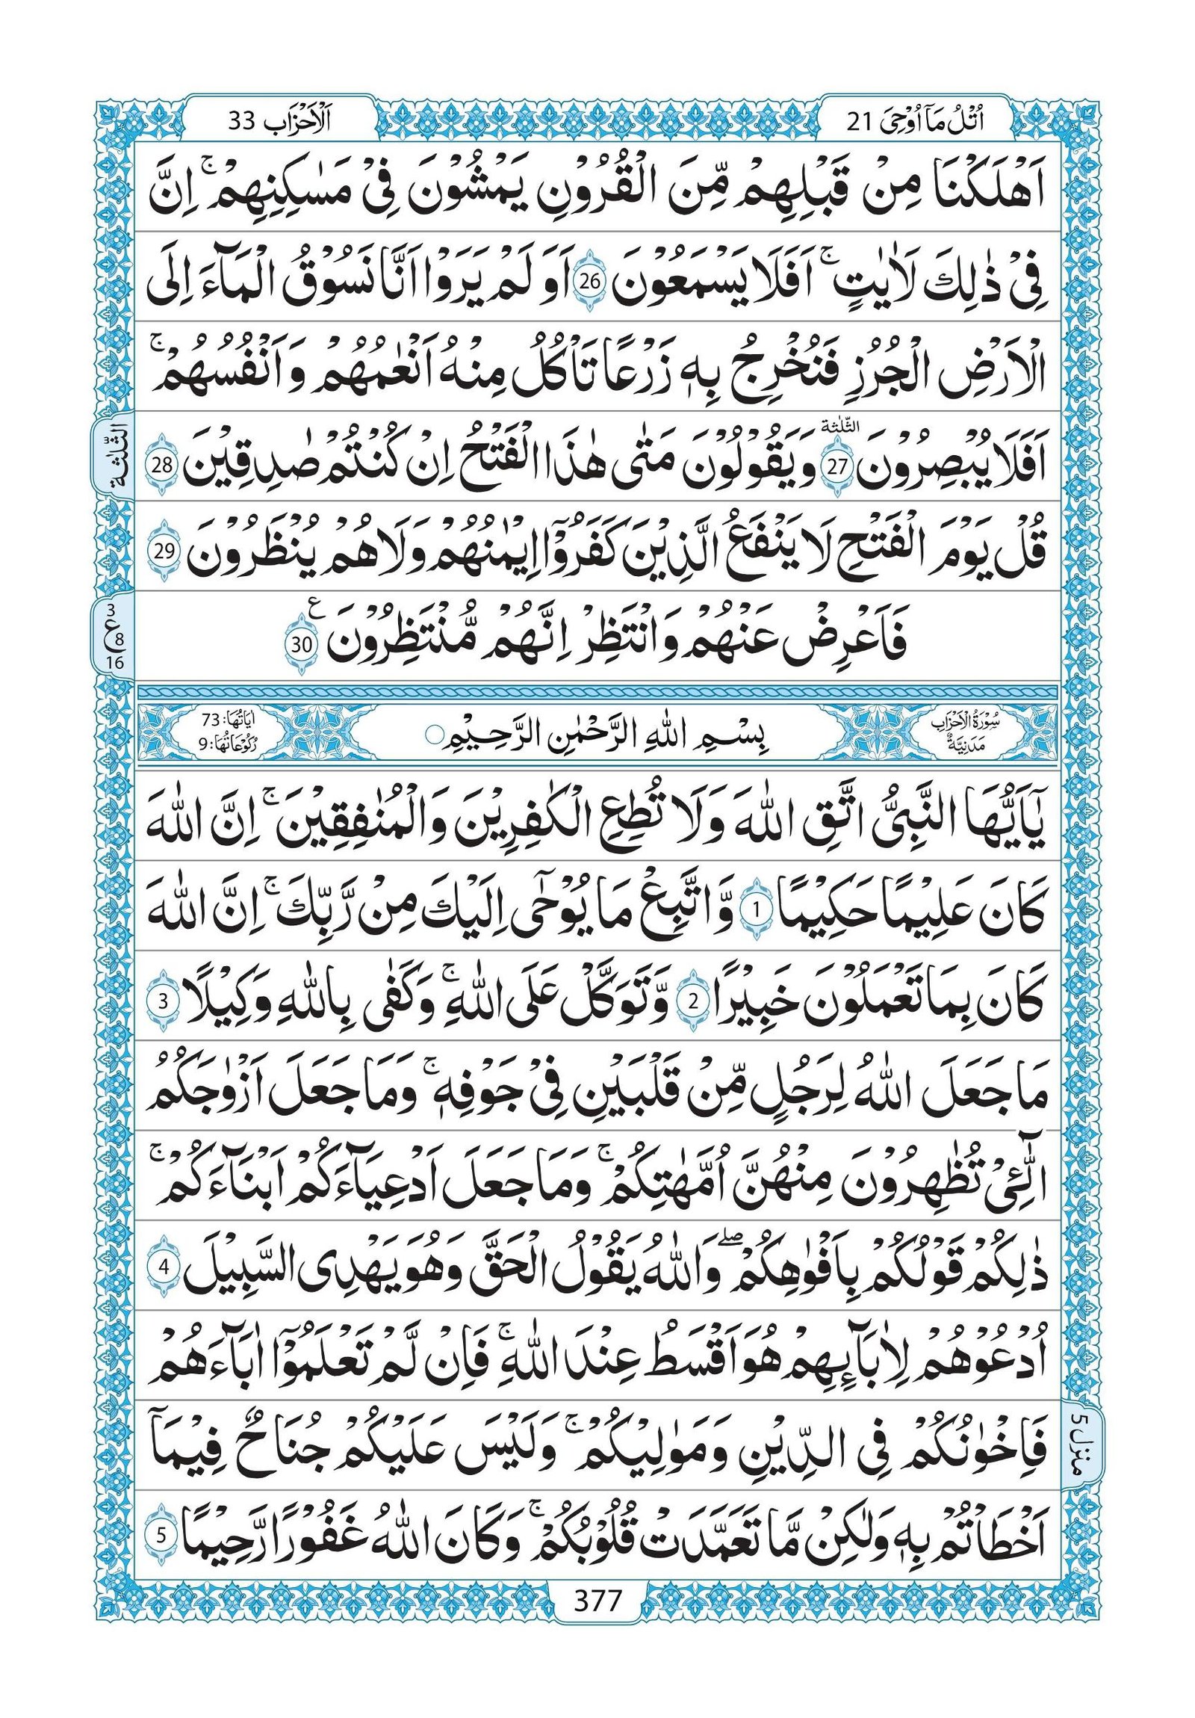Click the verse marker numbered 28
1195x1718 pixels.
(166, 465)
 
